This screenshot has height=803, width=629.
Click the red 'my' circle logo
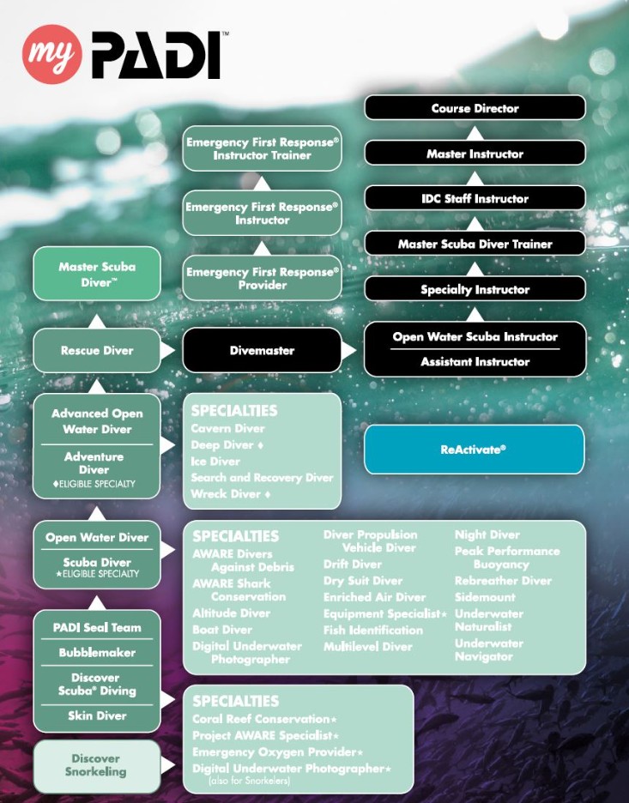click(x=51, y=54)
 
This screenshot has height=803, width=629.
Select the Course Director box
click(x=475, y=108)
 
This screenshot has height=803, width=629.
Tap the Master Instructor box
click(x=475, y=154)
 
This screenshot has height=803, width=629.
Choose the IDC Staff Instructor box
click(x=475, y=198)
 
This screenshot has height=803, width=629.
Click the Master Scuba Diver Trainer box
click(x=475, y=244)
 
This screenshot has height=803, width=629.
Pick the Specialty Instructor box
click(x=475, y=289)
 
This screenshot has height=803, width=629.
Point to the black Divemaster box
click(x=262, y=350)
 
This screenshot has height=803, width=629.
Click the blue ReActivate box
click(x=474, y=449)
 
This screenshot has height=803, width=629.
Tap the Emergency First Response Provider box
click(x=262, y=278)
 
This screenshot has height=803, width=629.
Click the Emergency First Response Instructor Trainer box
click(x=262, y=148)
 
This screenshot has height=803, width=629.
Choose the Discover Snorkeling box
click(x=96, y=765)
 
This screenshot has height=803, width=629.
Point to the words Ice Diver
click(x=215, y=462)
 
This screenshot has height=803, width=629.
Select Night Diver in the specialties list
click(x=487, y=534)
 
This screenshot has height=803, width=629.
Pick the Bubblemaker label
click(x=96, y=653)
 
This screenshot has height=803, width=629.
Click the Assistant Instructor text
click(x=475, y=362)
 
